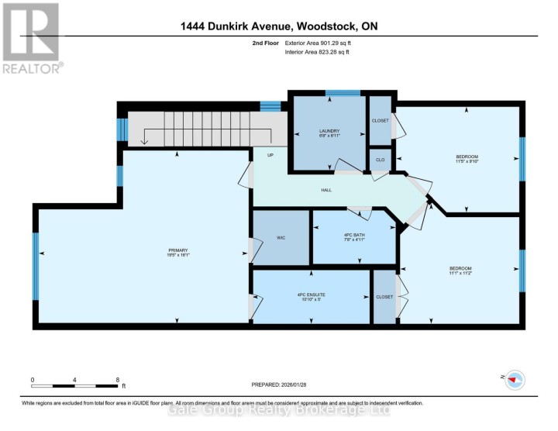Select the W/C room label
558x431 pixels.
click(x=281, y=238)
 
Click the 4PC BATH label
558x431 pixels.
click(x=353, y=236)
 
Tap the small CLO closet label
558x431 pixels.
click(x=380, y=160)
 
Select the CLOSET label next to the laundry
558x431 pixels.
click(x=380, y=121)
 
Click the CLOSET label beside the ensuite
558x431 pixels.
click(x=384, y=296)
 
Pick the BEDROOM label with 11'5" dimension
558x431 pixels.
click(x=467, y=159)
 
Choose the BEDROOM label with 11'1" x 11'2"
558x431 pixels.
click(x=460, y=271)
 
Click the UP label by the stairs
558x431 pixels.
click(x=270, y=155)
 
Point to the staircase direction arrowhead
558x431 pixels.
click(x=145, y=141)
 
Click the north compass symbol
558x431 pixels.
click(x=514, y=379)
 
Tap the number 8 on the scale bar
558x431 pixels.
click(x=117, y=380)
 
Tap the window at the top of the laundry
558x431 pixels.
click(x=342, y=93)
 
